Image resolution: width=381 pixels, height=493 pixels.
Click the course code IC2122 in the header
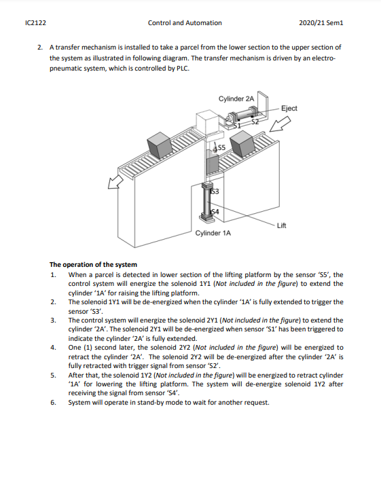35,22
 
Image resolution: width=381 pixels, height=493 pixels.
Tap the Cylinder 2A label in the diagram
236,98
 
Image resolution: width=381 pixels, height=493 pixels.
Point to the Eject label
289,109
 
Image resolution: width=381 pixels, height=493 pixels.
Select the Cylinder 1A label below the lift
213,233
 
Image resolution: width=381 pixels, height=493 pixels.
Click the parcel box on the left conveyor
165,145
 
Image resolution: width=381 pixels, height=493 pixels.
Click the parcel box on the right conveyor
242,144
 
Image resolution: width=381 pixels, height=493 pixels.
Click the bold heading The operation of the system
93,264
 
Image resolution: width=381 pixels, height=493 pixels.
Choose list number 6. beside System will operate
53,402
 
